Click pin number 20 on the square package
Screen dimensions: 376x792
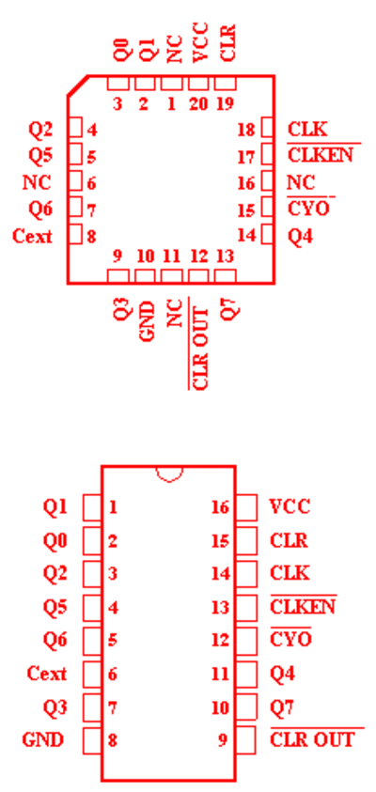pyautogui.click(x=198, y=104)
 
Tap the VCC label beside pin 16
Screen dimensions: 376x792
pyautogui.click(x=290, y=506)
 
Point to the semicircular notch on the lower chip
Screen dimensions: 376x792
pyautogui.click(x=169, y=474)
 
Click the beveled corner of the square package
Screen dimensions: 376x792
pyautogui.click(x=78, y=85)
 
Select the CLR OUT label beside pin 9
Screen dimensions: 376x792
pyautogui.click(x=312, y=740)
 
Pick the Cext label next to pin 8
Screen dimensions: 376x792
pyautogui.click(x=32, y=236)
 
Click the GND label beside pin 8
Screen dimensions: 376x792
pyautogui.click(x=43, y=740)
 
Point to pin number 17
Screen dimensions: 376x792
pyautogui.click(x=246, y=157)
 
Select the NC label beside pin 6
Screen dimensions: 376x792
pyautogui.click(x=37, y=182)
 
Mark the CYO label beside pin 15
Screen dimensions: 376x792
pyautogui.click(x=308, y=209)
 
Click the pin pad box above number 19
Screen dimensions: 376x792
pyautogui.click(x=226, y=83)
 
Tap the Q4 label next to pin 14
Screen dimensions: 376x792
pyautogui.click(x=300, y=236)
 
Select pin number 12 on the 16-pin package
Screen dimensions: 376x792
pyautogui.click(x=220, y=641)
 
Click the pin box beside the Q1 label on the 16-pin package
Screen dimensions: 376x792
pyautogui.click(x=92, y=507)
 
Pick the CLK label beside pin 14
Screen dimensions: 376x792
pyautogui.click(x=290, y=573)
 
